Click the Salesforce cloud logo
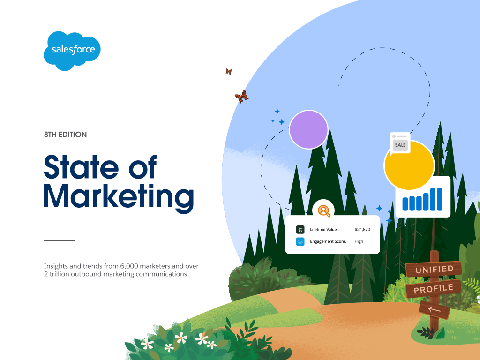72,51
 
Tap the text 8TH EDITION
66,135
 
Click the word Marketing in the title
119,197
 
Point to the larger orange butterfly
241,97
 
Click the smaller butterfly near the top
229,71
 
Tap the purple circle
308,129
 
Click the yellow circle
409,165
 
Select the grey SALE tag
400,145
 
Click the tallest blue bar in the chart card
440,199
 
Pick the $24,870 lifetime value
362,229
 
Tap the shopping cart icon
300,229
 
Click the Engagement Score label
328,241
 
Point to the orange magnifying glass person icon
324,210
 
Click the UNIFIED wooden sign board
434,270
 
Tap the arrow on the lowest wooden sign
434,309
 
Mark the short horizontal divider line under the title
60,240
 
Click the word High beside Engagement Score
359,241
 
